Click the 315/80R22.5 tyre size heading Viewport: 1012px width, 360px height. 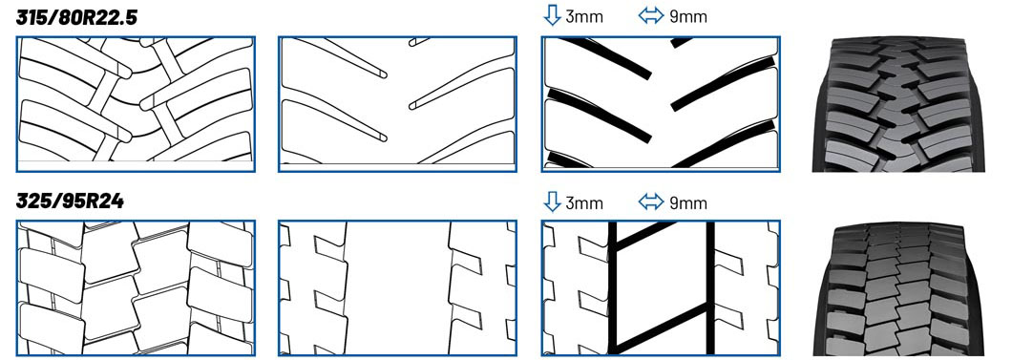pyautogui.click(x=76, y=17)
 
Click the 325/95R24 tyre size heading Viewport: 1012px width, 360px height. pyautogui.click(x=70, y=201)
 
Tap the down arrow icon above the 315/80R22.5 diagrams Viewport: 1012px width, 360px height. pyautogui.click(x=552, y=15)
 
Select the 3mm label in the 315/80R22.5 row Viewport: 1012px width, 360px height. pyautogui.click(x=584, y=17)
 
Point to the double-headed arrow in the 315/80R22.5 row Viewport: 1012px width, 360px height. pyautogui.click(x=650, y=16)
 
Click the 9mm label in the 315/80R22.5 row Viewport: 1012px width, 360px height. pyautogui.click(x=688, y=17)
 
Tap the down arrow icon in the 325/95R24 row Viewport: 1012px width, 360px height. pyautogui.click(x=552, y=201)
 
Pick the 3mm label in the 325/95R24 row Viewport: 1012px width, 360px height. pyautogui.click(x=584, y=203)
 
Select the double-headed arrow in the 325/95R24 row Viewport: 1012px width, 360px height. pyautogui.click(x=650, y=203)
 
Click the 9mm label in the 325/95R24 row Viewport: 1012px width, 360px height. pyautogui.click(x=688, y=203)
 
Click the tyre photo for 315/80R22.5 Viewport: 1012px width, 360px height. pyautogui.click(x=898, y=104)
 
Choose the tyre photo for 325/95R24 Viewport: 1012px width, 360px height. pyautogui.click(x=898, y=289)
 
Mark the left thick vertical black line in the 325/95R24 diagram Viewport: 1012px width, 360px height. pyautogui.click(x=613, y=287)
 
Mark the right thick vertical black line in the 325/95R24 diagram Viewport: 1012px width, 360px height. pyautogui.click(x=710, y=287)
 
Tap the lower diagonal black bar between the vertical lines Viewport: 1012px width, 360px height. pyautogui.click(x=662, y=326)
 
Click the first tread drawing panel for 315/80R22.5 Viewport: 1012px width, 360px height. pyautogui.click(x=136, y=104)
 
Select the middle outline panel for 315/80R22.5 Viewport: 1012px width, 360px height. pyautogui.click(x=397, y=104)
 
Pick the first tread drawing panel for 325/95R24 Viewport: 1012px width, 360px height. pyautogui.click(x=136, y=287)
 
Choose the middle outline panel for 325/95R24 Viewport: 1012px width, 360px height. pyautogui.click(x=397, y=287)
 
